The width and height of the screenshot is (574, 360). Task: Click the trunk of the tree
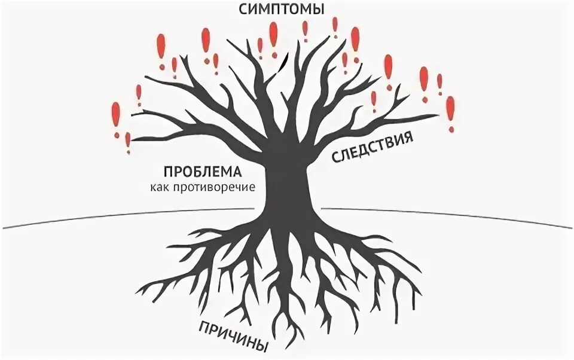point(286,185)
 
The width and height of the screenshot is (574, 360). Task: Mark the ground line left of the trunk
point(120,216)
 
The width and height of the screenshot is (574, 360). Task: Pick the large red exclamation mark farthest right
point(450,112)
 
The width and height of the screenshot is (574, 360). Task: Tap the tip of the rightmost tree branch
point(439,115)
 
